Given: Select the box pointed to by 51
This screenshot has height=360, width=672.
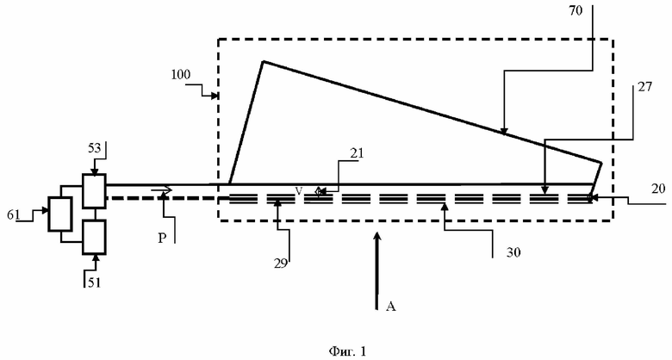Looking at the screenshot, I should [93, 235].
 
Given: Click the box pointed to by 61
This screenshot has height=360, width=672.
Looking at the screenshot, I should [60, 214].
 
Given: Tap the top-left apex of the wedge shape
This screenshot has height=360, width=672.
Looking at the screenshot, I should [263, 61].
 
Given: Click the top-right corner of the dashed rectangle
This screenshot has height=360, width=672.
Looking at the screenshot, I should [613, 39].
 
